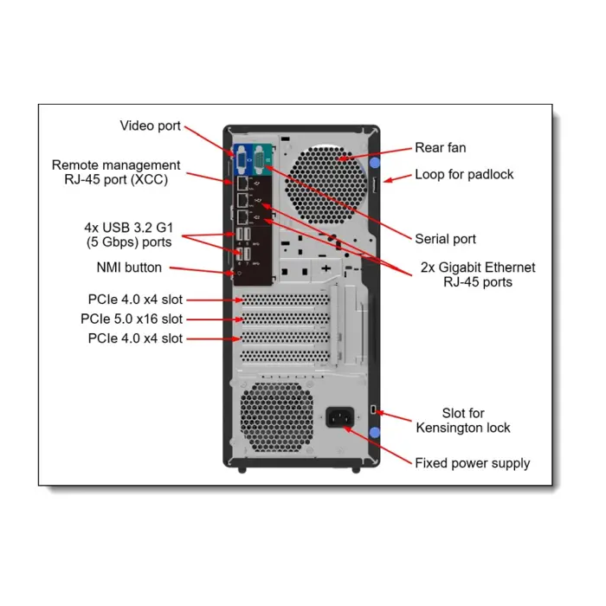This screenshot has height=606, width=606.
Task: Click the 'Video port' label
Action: [x=150, y=126]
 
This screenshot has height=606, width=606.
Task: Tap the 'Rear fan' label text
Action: [x=440, y=148]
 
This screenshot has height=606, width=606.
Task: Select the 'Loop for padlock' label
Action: [x=464, y=174]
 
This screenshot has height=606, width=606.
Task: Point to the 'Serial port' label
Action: [x=445, y=239]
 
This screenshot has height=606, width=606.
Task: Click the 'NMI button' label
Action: [x=129, y=268]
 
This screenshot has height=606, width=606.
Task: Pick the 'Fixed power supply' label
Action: [x=472, y=463]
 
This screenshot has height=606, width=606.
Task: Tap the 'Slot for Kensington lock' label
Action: [x=463, y=421]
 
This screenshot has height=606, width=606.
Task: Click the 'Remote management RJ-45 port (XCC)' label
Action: [x=116, y=171]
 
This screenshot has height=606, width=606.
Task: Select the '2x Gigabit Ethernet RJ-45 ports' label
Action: [x=478, y=274]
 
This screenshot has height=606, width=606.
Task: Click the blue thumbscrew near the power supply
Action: [x=374, y=433]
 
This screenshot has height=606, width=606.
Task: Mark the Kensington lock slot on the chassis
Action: [x=373, y=408]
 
